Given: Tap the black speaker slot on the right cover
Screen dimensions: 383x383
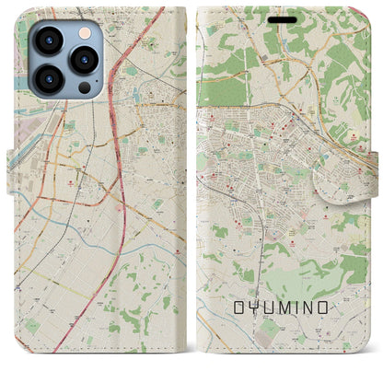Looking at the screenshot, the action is tap(284, 19).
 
